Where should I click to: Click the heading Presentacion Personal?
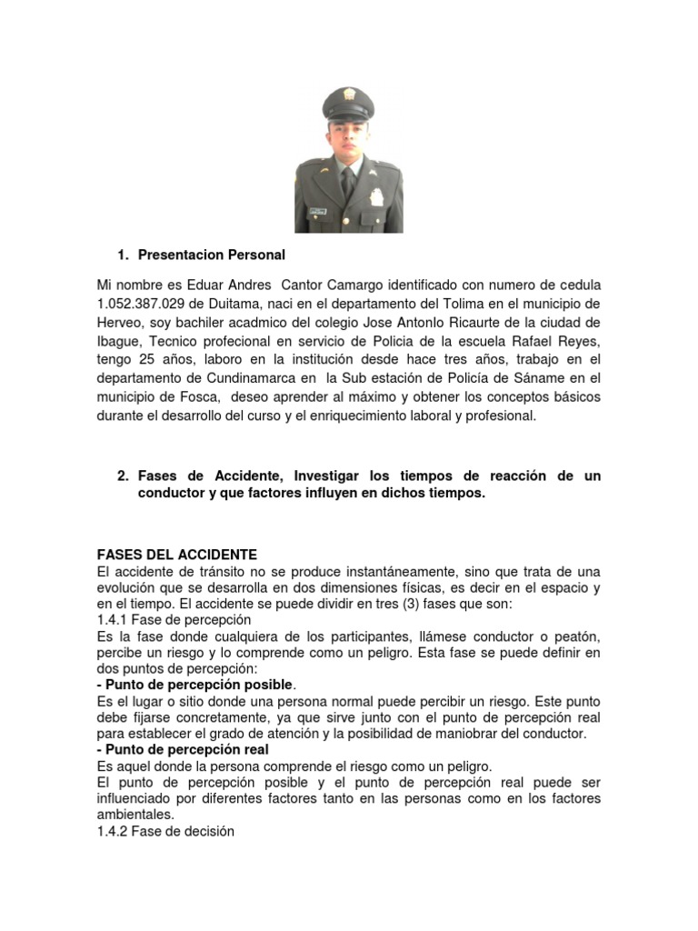pos(211,255)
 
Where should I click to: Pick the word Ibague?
pos(118,340)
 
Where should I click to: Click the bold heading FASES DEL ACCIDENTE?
pos(177,555)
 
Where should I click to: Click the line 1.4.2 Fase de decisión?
pos(165,831)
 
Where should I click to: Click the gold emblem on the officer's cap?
pos(348,95)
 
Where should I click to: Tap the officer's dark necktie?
pos(348,182)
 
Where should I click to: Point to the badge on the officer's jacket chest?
pos(375,196)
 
